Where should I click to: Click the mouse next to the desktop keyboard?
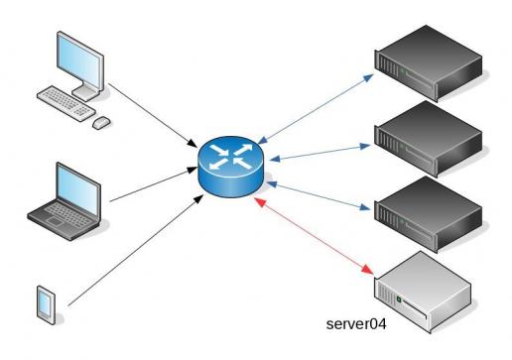point(101,122)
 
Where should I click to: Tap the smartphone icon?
point(45,301)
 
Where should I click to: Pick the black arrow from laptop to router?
point(149,187)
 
